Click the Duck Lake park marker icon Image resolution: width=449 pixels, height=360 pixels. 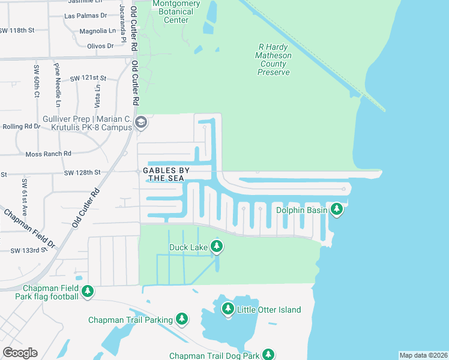217,247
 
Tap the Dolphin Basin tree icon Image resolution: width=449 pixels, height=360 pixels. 337,209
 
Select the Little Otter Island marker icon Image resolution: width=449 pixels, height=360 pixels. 228,309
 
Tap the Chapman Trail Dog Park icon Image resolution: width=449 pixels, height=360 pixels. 270,356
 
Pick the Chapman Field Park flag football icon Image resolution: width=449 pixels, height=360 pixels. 88,292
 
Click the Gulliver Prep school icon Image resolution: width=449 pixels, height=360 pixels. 141,124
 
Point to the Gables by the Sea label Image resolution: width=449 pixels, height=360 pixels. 166,174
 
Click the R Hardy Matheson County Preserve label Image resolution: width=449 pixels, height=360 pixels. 274,59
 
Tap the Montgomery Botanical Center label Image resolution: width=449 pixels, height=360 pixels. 176,12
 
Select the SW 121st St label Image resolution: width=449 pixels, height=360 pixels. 88,78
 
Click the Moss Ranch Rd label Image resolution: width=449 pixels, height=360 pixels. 49,154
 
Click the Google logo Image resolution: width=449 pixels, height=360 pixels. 20,352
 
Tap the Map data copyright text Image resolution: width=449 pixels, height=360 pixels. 423,355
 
